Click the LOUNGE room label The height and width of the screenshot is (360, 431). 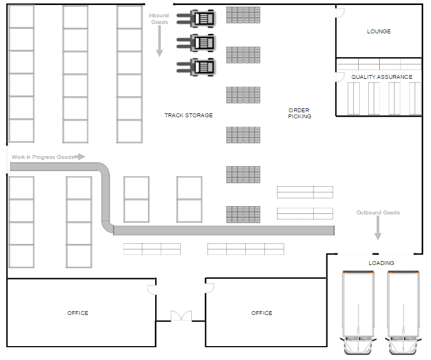tap(379, 32)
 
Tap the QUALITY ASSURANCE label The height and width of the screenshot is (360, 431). tap(382, 77)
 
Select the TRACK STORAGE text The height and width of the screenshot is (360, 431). tap(189, 116)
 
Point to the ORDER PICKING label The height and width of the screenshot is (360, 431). tap(299, 113)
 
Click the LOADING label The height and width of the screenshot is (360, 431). tap(381, 263)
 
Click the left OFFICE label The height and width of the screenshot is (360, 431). tap(78, 313)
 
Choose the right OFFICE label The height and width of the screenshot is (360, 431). tap(261, 313)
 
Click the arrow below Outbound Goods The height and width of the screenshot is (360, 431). tap(378, 228)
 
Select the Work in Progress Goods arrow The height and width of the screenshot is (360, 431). tap(80, 157)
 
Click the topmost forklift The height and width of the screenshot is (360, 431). tap(197, 18)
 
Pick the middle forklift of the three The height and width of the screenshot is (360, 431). tap(197, 42)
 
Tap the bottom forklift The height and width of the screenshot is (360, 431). tap(197, 67)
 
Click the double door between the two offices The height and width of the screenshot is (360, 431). tap(181, 316)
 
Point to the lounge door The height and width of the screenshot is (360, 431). tap(340, 12)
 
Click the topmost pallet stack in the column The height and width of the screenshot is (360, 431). tap(243, 15)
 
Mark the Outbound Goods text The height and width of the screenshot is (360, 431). tap(378, 213)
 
